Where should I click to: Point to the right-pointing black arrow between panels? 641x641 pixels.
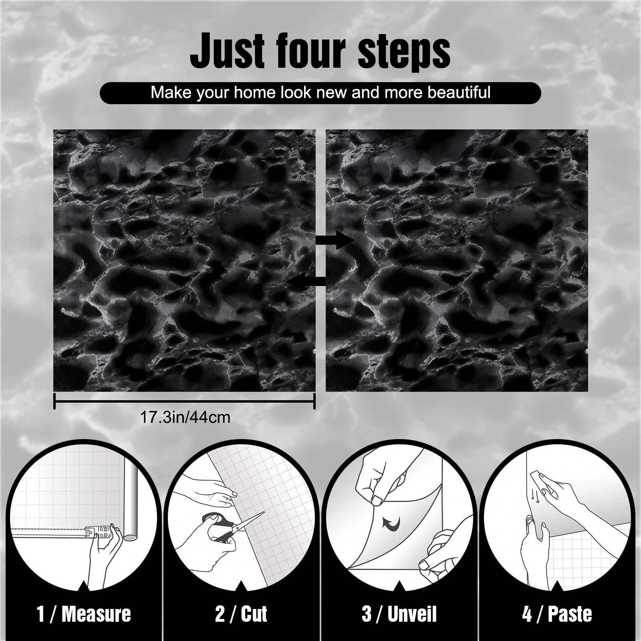[x=335, y=240]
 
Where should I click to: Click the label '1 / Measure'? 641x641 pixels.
[x=84, y=613]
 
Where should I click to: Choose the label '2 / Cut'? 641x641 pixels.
[x=241, y=613]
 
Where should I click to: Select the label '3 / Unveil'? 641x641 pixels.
[x=399, y=613]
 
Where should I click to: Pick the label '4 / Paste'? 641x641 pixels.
[x=557, y=613]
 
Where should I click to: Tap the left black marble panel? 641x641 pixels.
[x=184, y=260]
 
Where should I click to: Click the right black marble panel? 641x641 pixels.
[x=457, y=260]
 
